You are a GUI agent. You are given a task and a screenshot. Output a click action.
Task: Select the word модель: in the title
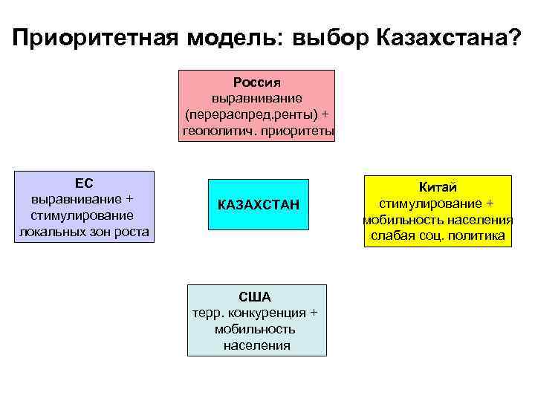[233, 38]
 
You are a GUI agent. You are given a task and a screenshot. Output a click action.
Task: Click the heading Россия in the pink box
[256, 80]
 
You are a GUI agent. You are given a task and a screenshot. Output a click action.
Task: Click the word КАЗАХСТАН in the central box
[259, 204]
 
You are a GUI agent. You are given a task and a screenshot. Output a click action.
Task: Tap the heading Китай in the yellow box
[438, 188]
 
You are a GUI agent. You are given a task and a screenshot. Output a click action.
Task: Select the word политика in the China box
[477, 236]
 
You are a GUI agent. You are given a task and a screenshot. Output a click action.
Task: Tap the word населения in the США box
[256, 345]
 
